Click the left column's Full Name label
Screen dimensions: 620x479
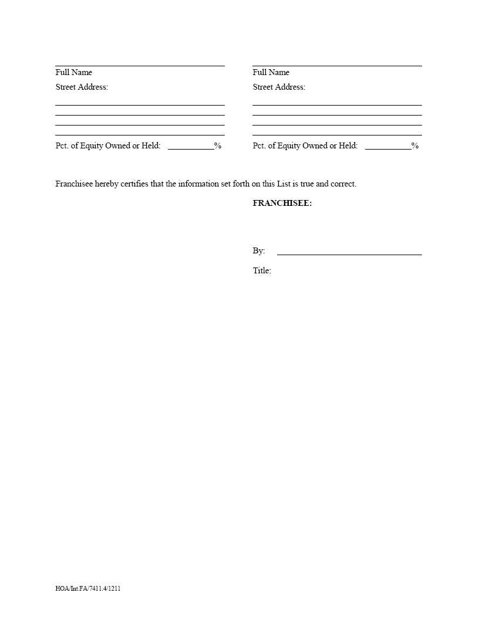[73, 73]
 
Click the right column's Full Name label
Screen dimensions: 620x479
[271, 73]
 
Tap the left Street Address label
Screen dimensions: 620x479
[82, 87]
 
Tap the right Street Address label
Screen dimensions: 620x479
[279, 87]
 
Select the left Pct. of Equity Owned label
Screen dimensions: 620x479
[107, 146]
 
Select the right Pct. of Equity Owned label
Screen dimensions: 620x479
[305, 146]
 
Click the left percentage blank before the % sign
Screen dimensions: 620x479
[191, 147]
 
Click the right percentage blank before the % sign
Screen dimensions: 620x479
[388, 147]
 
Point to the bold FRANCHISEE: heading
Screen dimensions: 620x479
[282, 204]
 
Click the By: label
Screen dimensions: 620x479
[259, 251]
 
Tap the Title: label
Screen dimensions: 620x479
[262, 271]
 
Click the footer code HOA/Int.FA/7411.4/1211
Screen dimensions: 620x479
[88, 588]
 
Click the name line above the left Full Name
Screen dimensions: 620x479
[140, 66]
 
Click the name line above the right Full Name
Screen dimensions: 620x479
[337, 66]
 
